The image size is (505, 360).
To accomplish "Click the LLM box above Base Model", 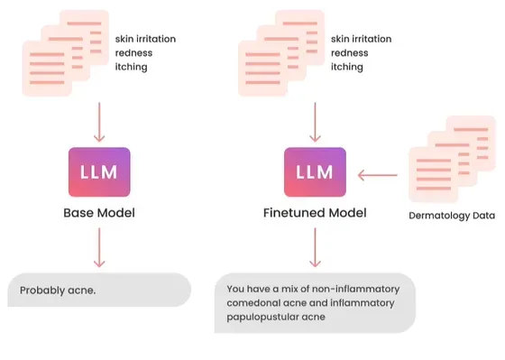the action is (99, 172).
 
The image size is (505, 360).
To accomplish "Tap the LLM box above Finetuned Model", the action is (315, 172).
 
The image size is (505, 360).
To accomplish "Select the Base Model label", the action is (99, 213).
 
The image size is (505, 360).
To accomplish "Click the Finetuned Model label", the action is (315, 213).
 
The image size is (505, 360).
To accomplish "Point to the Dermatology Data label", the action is (452, 216).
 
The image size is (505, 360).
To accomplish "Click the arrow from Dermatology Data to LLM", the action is (378, 175).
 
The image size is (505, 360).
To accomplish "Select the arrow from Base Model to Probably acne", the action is (99, 247).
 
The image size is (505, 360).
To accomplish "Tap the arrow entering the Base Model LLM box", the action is (99, 122).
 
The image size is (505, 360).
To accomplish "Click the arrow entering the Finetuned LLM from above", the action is (315, 122).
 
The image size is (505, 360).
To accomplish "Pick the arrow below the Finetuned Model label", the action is (315, 247).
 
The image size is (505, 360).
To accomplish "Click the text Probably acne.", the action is (58, 291).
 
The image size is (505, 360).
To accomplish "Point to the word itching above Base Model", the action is (132, 67).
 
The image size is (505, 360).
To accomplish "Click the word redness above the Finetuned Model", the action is (350, 53).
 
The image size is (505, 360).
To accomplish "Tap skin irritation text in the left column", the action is (145, 39).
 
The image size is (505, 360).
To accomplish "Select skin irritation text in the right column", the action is (362, 39).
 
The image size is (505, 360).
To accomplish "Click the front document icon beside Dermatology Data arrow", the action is (434, 175).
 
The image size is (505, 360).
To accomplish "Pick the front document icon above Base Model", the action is (47, 69).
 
